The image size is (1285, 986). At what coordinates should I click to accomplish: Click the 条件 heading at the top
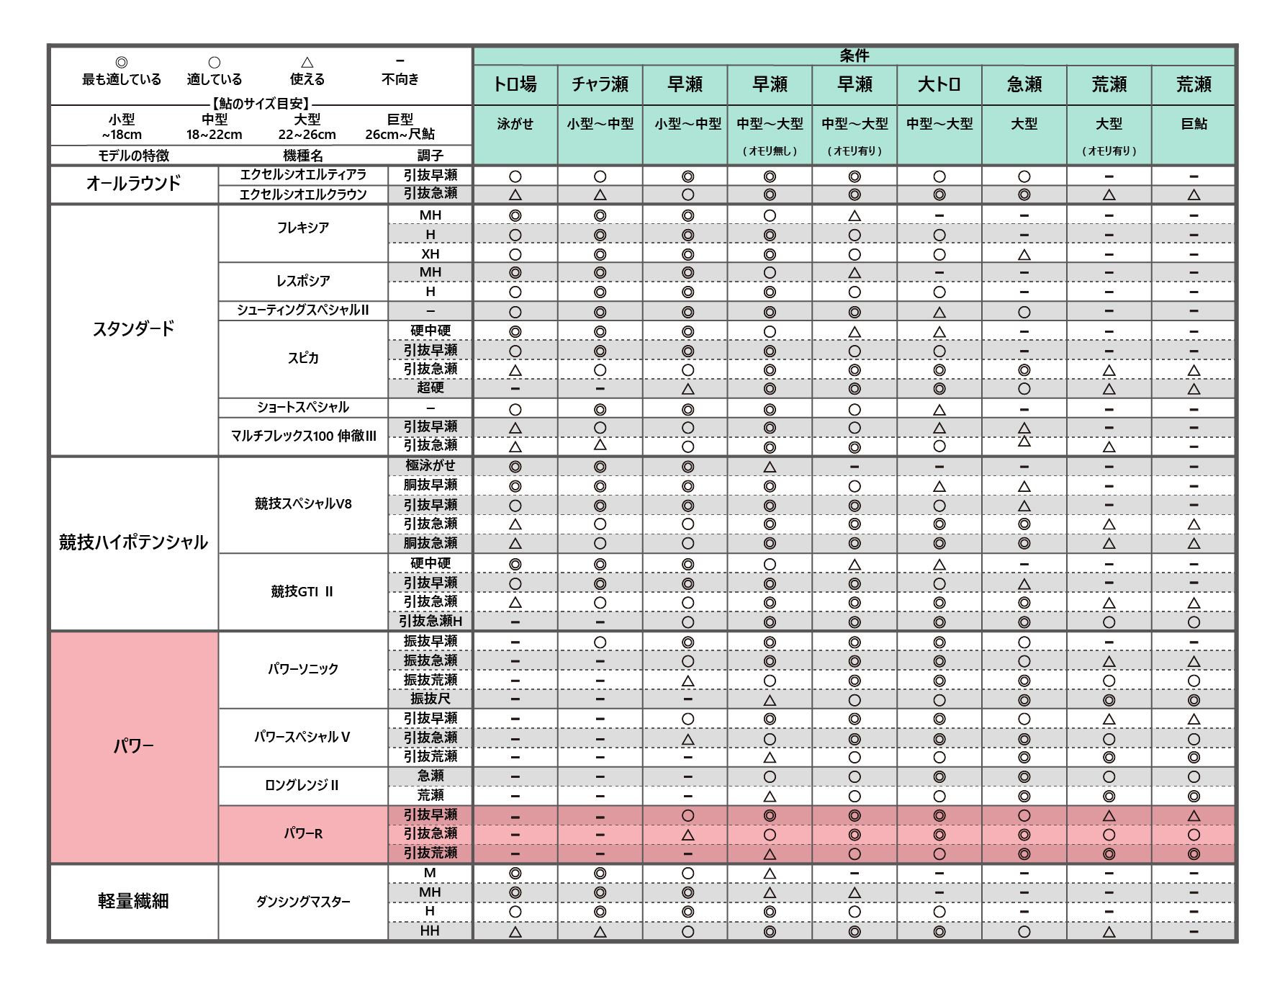coord(854,55)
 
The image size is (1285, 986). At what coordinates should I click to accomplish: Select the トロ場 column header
coord(515,84)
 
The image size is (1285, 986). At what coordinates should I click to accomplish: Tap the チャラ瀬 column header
coord(600,84)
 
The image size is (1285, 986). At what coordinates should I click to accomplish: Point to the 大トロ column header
coord(939,84)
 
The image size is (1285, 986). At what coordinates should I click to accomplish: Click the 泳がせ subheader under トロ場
coord(515,124)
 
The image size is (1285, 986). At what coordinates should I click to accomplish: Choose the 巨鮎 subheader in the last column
coord(1194,124)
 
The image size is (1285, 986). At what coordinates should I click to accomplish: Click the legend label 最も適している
coord(122,79)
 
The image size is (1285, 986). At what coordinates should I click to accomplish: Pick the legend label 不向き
coord(400,79)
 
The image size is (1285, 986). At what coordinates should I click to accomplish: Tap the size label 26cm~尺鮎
coord(400,134)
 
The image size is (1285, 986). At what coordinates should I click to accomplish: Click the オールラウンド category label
coord(134,184)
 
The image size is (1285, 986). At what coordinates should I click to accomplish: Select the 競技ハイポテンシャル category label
coord(134,542)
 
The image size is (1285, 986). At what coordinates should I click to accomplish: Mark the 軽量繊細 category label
coord(134,901)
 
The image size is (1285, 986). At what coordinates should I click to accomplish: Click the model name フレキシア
coord(303,228)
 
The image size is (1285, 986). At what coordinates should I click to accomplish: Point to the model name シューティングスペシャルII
coord(303,310)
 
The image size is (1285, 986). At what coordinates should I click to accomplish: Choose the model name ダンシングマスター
coord(303,901)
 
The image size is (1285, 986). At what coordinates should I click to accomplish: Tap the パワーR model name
coord(303,833)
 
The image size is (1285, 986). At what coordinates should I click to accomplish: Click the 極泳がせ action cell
coord(430,465)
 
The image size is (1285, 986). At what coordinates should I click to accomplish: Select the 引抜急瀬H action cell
coord(430,621)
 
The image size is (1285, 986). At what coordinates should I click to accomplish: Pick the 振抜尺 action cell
coord(430,699)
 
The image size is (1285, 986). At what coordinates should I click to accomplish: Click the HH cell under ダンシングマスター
coord(430,931)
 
